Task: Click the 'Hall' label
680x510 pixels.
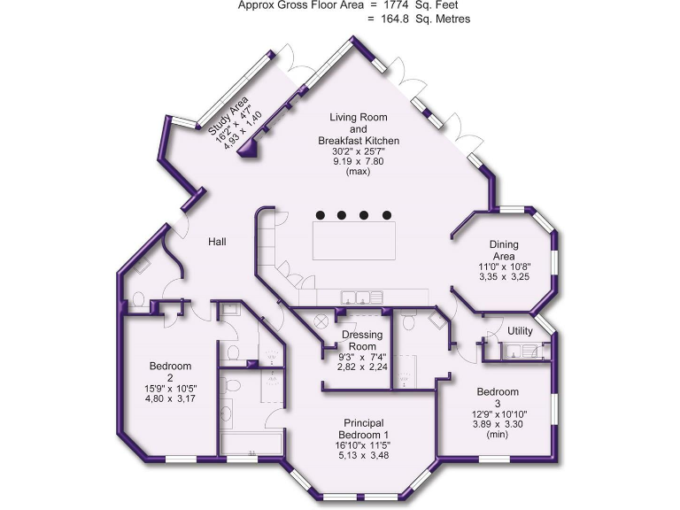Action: [x=220, y=242]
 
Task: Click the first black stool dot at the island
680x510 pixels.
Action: [x=321, y=214]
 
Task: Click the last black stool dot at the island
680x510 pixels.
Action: [x=386, y=214]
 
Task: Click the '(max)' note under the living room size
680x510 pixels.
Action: [x=358, y=172]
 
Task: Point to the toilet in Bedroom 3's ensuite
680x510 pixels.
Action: [x=439, y=322]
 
